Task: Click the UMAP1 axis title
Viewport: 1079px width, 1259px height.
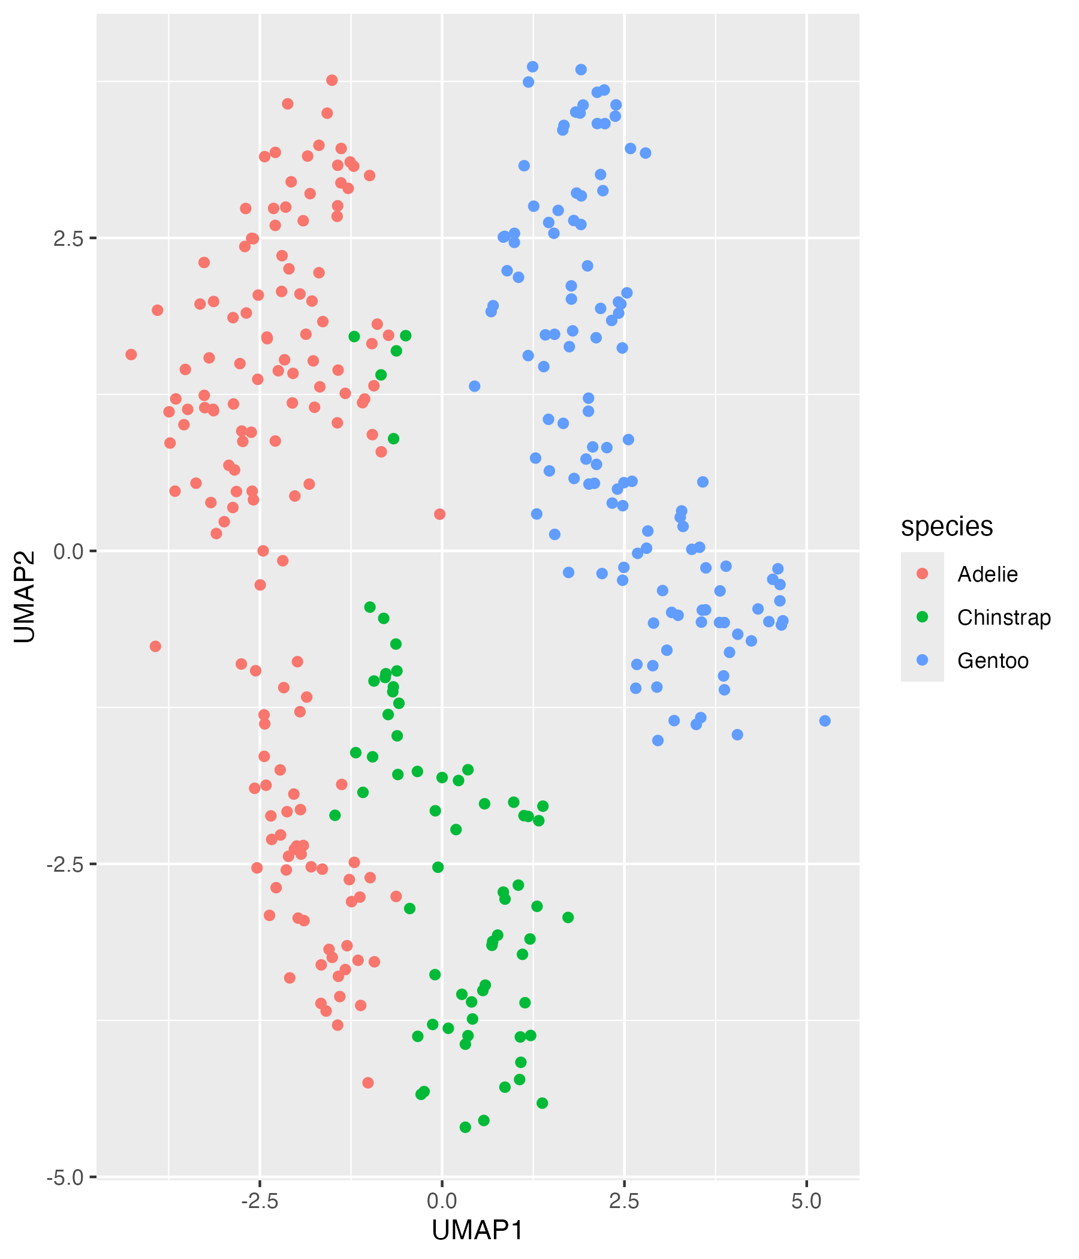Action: (x=478, y=1230)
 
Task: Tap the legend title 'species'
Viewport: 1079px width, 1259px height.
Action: (x=947, y=526)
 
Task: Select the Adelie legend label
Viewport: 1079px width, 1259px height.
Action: (x=987, y=574)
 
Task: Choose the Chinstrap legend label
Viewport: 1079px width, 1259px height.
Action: (x=1003, y=618)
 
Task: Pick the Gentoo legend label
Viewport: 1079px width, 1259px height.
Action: (x=993, y=661)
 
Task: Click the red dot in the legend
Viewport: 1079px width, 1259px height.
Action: (x=923, y=574)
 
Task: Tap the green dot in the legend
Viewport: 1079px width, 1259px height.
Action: (x=923, y=617)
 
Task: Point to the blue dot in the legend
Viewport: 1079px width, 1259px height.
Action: (x=923, y=660)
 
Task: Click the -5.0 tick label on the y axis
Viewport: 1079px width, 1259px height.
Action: (x=64, y=1177)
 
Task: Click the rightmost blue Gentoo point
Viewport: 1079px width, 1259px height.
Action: (x=824, y=721)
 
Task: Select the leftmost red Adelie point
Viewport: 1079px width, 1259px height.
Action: (x=131, y=354)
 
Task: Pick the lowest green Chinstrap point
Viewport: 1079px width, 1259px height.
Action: (x=465, y=1127)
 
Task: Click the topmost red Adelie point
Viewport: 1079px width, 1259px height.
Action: (x=331, y=80)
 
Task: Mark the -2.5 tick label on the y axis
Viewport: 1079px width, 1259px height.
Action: (x=64, y=864)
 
